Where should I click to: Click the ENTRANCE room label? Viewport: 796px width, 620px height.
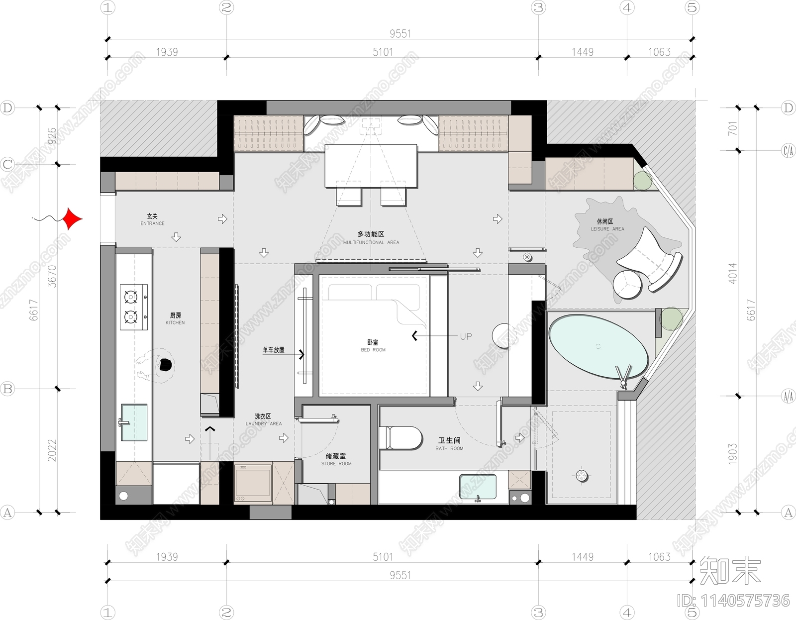point(152,219)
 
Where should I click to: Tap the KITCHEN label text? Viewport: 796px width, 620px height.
point(175,318)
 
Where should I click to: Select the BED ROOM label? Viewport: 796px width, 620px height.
point(373,345)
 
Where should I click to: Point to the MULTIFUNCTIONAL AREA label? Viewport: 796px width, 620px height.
point(371,237)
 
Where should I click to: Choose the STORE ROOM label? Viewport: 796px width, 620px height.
point(336,459)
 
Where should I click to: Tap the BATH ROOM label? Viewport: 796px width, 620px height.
point(449,444)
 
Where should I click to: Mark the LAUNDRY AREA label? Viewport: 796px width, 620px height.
point(263,419)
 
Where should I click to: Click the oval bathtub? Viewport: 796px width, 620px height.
point(598,346)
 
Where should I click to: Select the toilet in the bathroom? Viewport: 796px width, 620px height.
point(400,438)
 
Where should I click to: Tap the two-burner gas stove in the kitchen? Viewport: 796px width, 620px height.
point(134,307)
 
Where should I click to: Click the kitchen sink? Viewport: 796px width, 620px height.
point(134,422)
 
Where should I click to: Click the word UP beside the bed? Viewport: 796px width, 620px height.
point(466,336)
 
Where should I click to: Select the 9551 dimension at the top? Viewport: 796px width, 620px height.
point(400,33)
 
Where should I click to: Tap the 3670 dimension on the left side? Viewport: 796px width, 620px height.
point(52,276)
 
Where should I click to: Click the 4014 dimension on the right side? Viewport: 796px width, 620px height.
point(732,273)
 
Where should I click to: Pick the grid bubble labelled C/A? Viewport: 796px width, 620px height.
point(788,150)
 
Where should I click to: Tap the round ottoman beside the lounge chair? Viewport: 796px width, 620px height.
point(628,284)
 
